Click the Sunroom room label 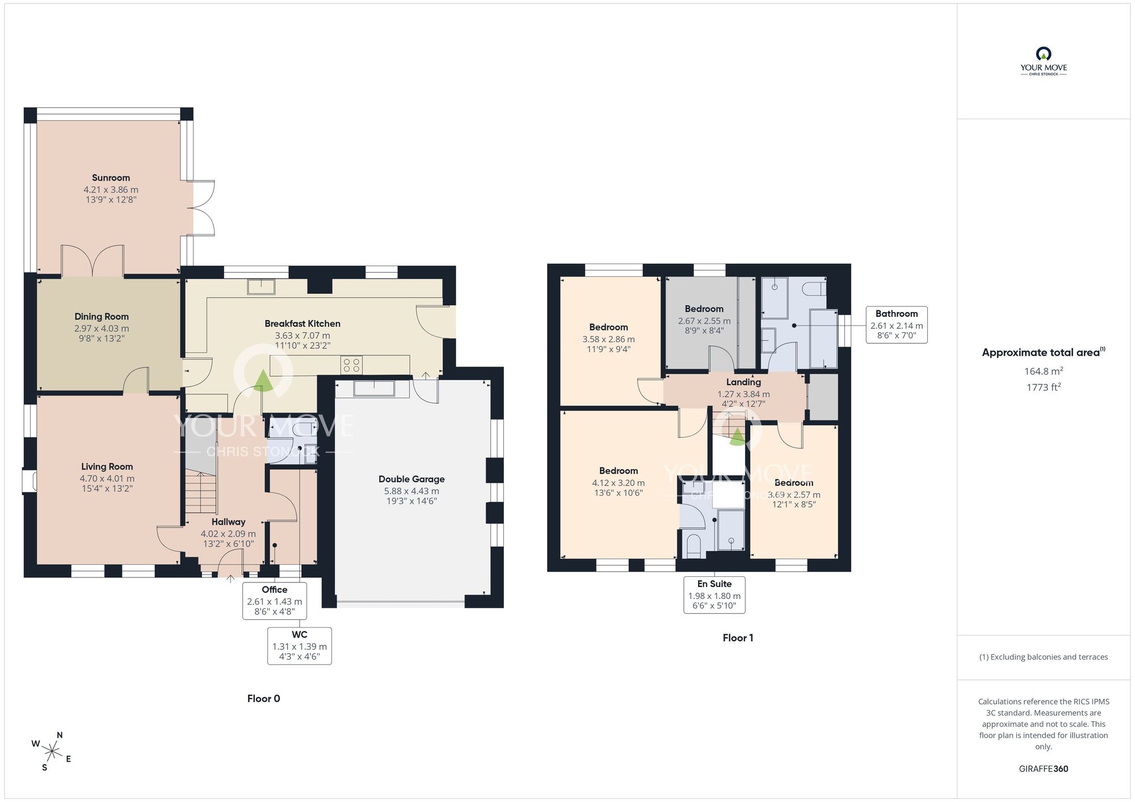click(111, 178)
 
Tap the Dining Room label click(102, 316)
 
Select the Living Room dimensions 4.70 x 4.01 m click(107, 478)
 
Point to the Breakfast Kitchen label click(302, 324)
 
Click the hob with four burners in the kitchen click(351, 364)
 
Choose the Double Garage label click(411, 479)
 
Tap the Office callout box click(275, 600)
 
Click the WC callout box click(300, 645)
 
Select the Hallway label click(228, 522)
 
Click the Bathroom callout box click(897, 324)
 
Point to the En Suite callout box click(714, 595)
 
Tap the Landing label click(743, 382)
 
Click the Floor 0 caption click(263, 698)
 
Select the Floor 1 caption click(738, 638)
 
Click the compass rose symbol click(52, 752)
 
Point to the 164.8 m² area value click(1043, 372)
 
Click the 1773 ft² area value click(1043, 387)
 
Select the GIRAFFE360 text click(1043, 769)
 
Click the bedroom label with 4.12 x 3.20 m click(619, 471)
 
